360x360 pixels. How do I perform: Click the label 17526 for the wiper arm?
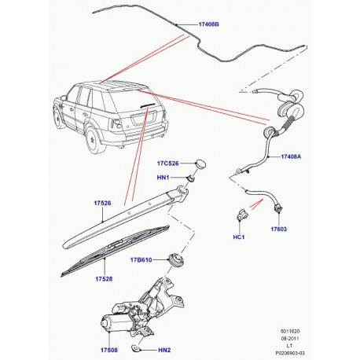pos(101,204)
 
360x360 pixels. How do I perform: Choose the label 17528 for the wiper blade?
pos(102,279)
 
